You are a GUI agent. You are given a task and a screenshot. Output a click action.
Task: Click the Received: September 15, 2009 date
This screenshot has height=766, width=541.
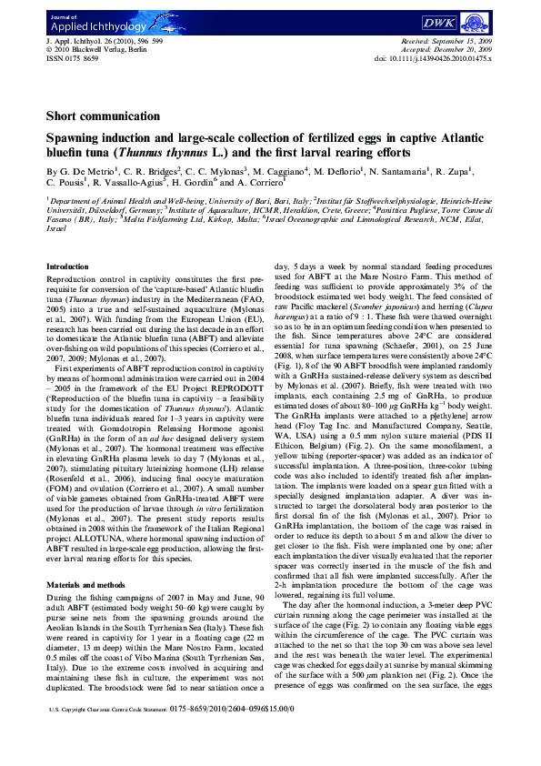pyautogui.click(x=445, y=42)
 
